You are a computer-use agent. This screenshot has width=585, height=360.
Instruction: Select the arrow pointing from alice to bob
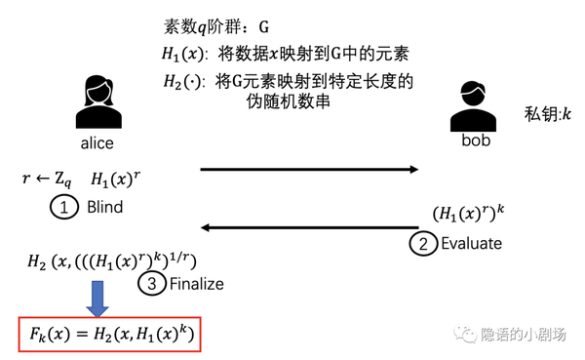pos(309,170)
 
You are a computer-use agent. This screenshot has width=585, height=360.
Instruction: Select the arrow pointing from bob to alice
pos(309,230)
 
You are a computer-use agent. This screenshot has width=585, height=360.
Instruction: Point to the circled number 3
pos(148,284)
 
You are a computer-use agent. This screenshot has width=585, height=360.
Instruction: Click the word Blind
pos(104,208)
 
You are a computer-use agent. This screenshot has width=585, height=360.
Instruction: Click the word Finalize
pos(195,284)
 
